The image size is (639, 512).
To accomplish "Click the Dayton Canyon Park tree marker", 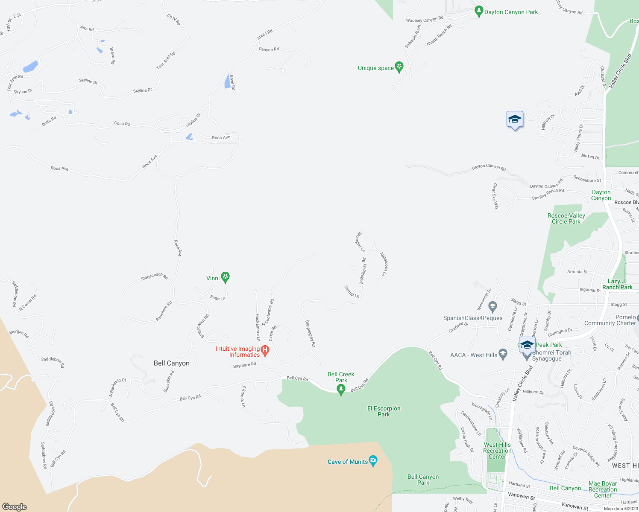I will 479,11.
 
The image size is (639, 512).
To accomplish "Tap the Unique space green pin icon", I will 399,67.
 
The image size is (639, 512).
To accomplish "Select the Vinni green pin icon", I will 226,277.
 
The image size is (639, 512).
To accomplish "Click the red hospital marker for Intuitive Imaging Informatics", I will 265,351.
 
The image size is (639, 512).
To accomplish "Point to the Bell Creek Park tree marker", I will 341,389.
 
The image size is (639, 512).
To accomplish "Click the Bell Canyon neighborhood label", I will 171,363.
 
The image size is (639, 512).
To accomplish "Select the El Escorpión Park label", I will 384,411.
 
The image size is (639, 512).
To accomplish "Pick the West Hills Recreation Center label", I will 497,451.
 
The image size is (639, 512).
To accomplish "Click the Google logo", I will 14,506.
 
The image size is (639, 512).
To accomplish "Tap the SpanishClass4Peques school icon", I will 492,306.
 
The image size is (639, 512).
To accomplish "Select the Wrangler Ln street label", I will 360,242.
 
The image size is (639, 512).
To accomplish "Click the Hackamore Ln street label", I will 258,327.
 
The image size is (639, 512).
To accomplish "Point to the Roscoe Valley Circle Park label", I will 566,218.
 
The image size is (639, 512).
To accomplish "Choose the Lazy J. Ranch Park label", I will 617,284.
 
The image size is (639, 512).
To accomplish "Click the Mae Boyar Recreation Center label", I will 603,489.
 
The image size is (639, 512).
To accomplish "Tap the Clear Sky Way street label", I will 495,196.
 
